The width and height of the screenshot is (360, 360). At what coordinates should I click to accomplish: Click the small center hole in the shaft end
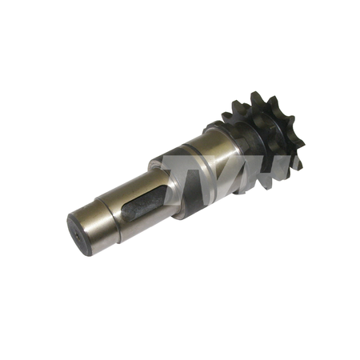click(x=78, y=236)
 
